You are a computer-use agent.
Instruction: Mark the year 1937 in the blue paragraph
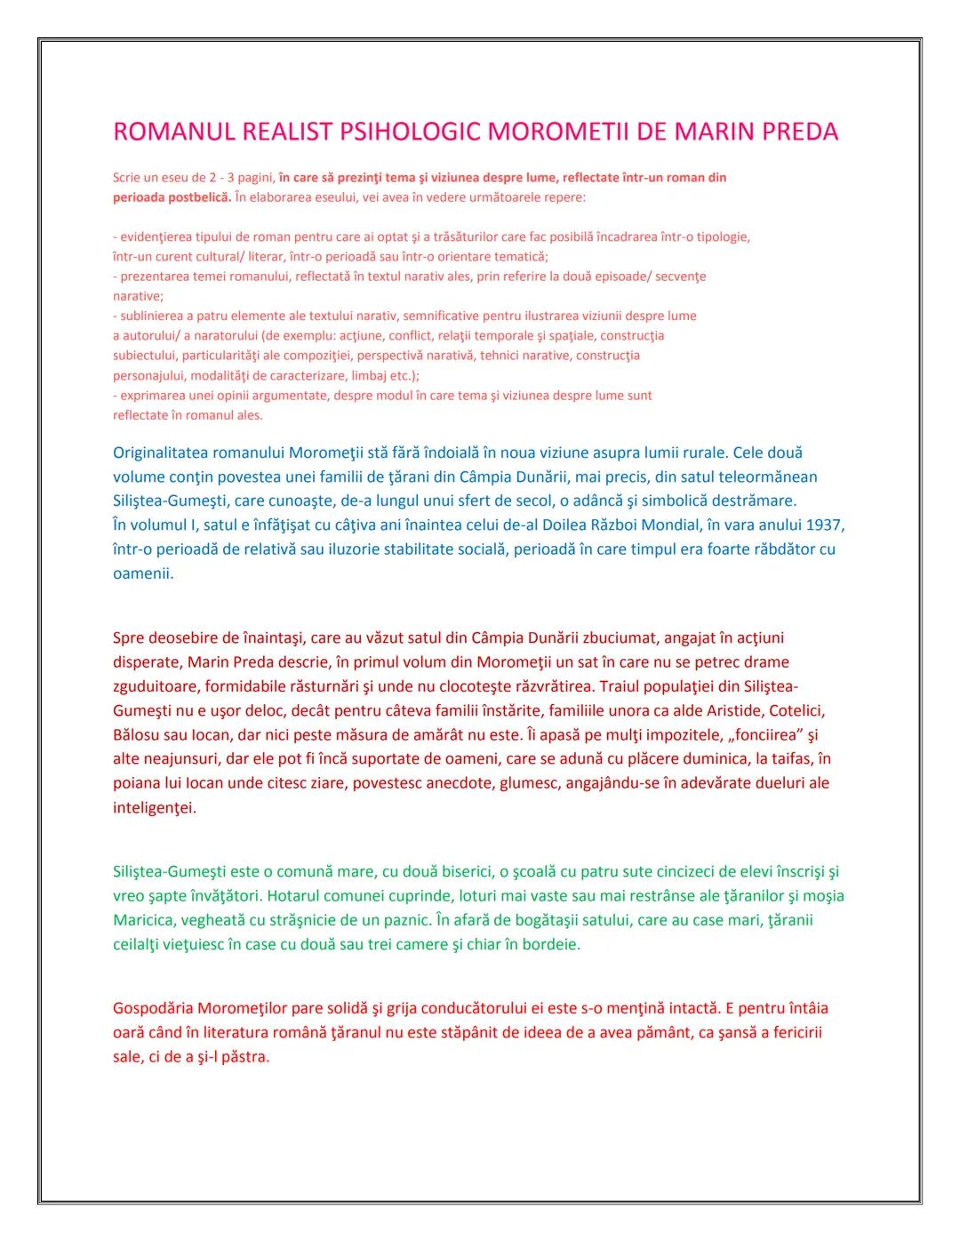[826, 525]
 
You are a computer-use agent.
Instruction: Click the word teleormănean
[767, 477]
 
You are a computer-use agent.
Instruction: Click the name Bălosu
[137, 735]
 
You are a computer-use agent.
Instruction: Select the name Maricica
[142, 919]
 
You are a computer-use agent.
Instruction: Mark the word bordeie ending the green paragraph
[551, 943]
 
